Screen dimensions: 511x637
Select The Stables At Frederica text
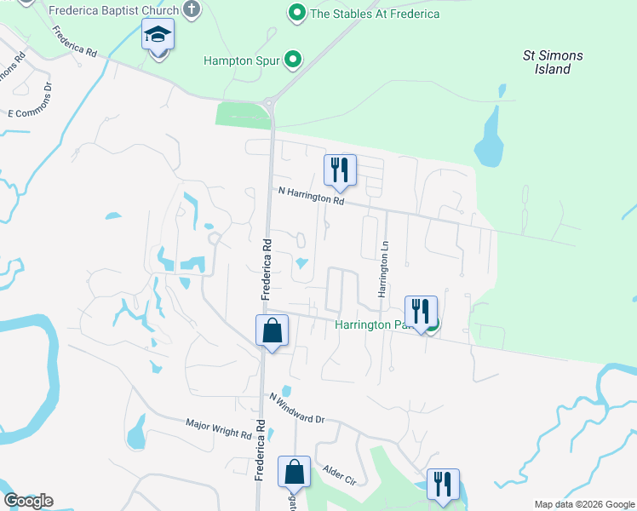point(375,14)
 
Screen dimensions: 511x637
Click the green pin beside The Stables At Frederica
point(296,13)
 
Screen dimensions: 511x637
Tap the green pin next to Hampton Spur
point(294,60)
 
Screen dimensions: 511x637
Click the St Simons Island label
point(553,62)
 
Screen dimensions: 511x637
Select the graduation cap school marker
point(158,36)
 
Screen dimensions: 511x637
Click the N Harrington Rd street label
point(311,198)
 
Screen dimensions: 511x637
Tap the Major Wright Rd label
point(220,428)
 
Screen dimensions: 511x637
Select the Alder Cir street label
point(339,475)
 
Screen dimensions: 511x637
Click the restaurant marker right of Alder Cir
point(443,485)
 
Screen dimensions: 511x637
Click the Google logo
point(28,500)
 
